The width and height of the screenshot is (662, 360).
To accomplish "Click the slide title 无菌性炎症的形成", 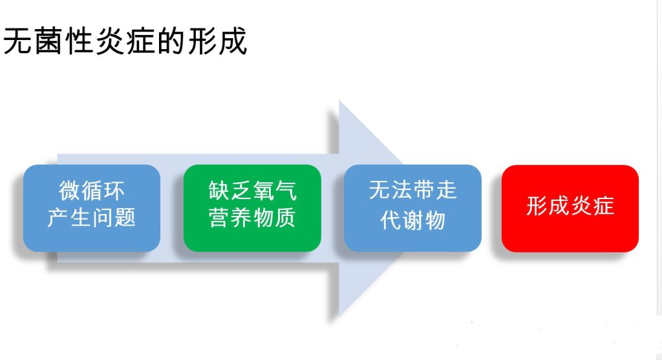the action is point(125,41).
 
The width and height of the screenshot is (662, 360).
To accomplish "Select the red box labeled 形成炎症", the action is point(570,209).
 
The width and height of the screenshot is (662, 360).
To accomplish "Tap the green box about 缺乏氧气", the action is point(252,208).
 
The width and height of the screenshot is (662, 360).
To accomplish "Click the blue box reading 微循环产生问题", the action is point(92,208).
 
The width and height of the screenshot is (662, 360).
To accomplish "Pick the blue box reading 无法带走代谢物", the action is point(412,208).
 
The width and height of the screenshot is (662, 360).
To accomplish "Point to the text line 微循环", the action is point(92,191).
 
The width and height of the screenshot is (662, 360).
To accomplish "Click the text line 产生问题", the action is point(92,218).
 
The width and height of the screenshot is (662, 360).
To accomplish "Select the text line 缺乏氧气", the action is point(253,191).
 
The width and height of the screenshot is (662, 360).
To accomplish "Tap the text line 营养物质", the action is point(252,218).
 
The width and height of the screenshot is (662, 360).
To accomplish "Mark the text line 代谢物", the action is point(412,220).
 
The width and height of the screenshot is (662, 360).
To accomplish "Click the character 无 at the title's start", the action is point(18,41).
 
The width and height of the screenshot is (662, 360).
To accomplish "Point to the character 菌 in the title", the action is point(48,41).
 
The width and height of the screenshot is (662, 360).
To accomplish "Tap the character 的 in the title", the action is point(171,41).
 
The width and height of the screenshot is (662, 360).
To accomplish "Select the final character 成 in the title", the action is point(232,41).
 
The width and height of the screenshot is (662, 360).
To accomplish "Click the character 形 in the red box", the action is point(537,206).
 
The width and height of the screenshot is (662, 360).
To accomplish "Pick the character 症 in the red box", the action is point(603,206).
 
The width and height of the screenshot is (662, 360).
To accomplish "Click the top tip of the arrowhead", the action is point(339,101).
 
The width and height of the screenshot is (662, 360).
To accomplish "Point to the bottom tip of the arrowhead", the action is point(339,315).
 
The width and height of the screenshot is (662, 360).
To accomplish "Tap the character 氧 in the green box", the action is point(264,191).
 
